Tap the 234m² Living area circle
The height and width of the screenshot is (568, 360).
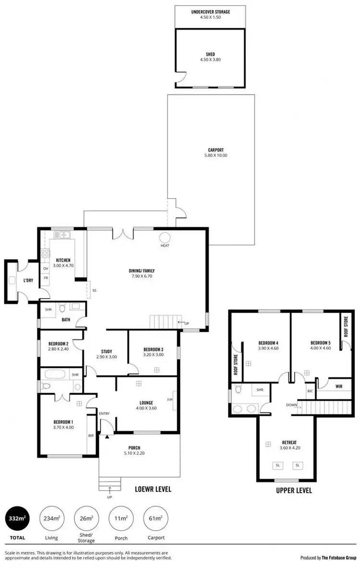point(51,519)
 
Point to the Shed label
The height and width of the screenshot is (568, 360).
point(210,54)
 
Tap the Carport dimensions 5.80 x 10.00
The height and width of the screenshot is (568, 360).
point(216,156)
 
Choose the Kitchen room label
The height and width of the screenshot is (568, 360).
point(63,260)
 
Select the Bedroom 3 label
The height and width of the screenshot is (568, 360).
point(154,349)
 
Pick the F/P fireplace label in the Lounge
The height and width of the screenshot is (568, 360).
point(170,399)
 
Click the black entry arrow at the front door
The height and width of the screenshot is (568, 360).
point(107,436)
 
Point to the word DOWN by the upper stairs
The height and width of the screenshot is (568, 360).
point(291,405)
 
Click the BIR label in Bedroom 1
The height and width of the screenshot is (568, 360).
point(91,435)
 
